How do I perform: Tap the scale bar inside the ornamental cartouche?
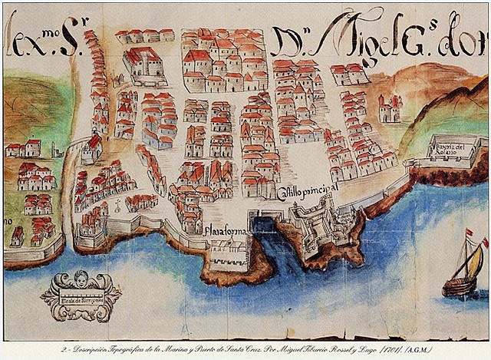click(x=81, y=298)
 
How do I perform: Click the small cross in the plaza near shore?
click(x=115, y=206)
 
